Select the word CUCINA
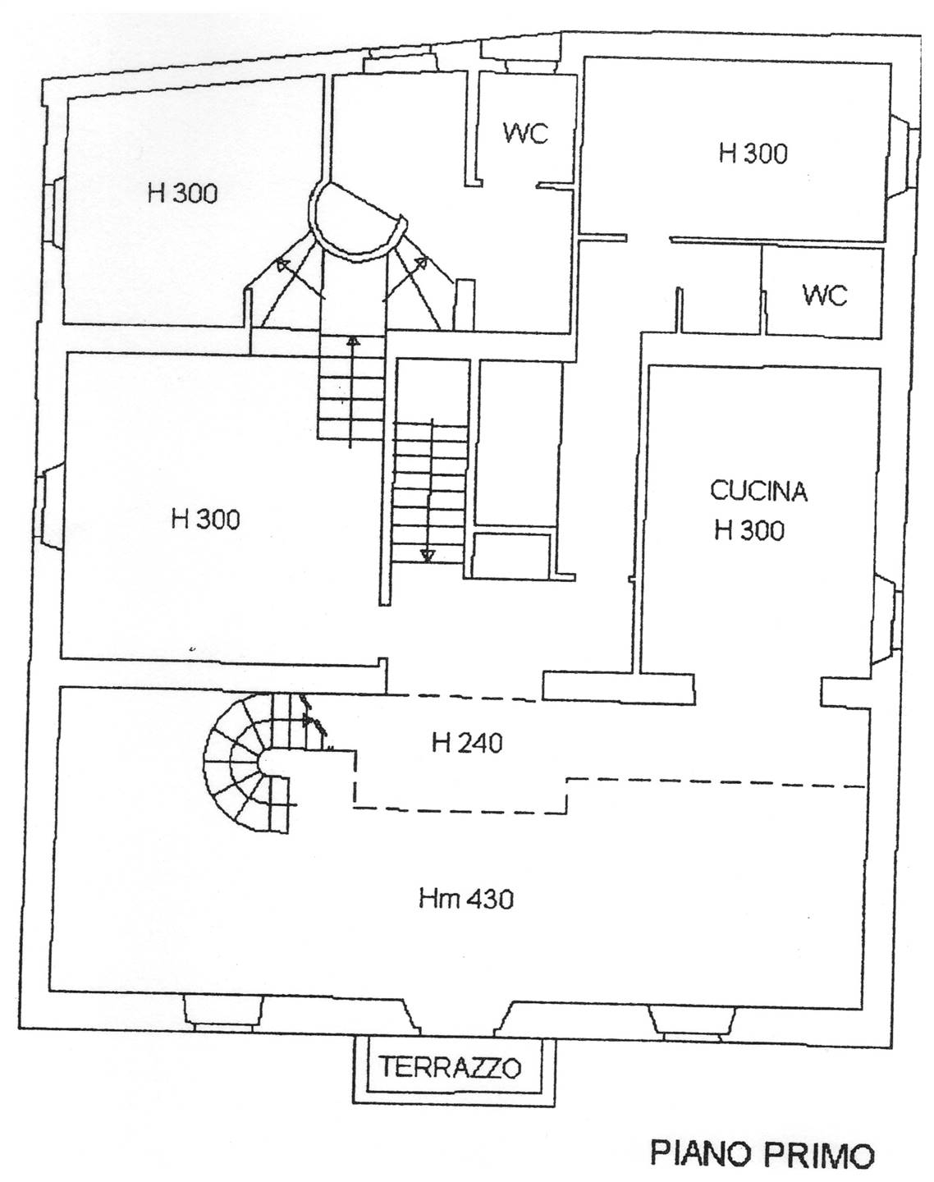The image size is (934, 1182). pos(758,491)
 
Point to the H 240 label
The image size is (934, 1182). pos(467,744)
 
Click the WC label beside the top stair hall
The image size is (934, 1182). pos(526,133)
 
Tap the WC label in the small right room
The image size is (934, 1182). pos(825,295)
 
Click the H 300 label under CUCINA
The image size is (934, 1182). pos(749,530)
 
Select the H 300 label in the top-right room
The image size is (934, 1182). pos(753,153)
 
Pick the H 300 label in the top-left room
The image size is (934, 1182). pos(182,194)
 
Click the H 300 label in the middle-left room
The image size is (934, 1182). pos(205,519)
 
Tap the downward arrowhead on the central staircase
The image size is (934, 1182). pos(426,556)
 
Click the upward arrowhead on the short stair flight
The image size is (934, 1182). pos(352,341)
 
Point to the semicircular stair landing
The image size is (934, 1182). pos(356,222)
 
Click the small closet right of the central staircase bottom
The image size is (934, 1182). pos(512,555)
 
